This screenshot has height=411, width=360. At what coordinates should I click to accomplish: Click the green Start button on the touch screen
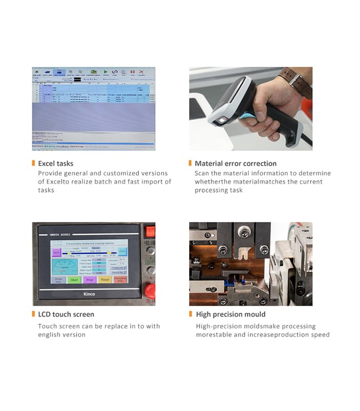[x=74, y=280]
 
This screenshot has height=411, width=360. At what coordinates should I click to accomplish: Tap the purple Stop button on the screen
[x=89, y=280]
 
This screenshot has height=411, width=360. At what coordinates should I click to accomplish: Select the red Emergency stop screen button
[x=120, y=280]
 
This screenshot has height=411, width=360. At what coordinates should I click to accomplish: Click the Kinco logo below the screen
[x=88, y=294]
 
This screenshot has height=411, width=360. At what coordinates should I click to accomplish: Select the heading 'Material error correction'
[x=236, y=163]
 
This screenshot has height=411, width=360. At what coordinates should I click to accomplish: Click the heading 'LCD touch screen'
[x=66, y=314]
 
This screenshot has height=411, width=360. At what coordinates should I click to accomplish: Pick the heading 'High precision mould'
[x=231, y=314]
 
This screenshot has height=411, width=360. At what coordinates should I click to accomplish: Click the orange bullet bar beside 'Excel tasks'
[x=33, y=163]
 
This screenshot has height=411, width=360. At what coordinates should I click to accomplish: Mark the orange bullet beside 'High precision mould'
[x=191, y=314]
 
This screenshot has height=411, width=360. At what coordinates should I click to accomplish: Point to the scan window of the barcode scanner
[x=221, y=121]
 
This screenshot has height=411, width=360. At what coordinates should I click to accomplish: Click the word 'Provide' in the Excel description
[x=50, y=173]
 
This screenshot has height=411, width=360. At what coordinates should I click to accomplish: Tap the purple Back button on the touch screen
[x=56, y=252]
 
